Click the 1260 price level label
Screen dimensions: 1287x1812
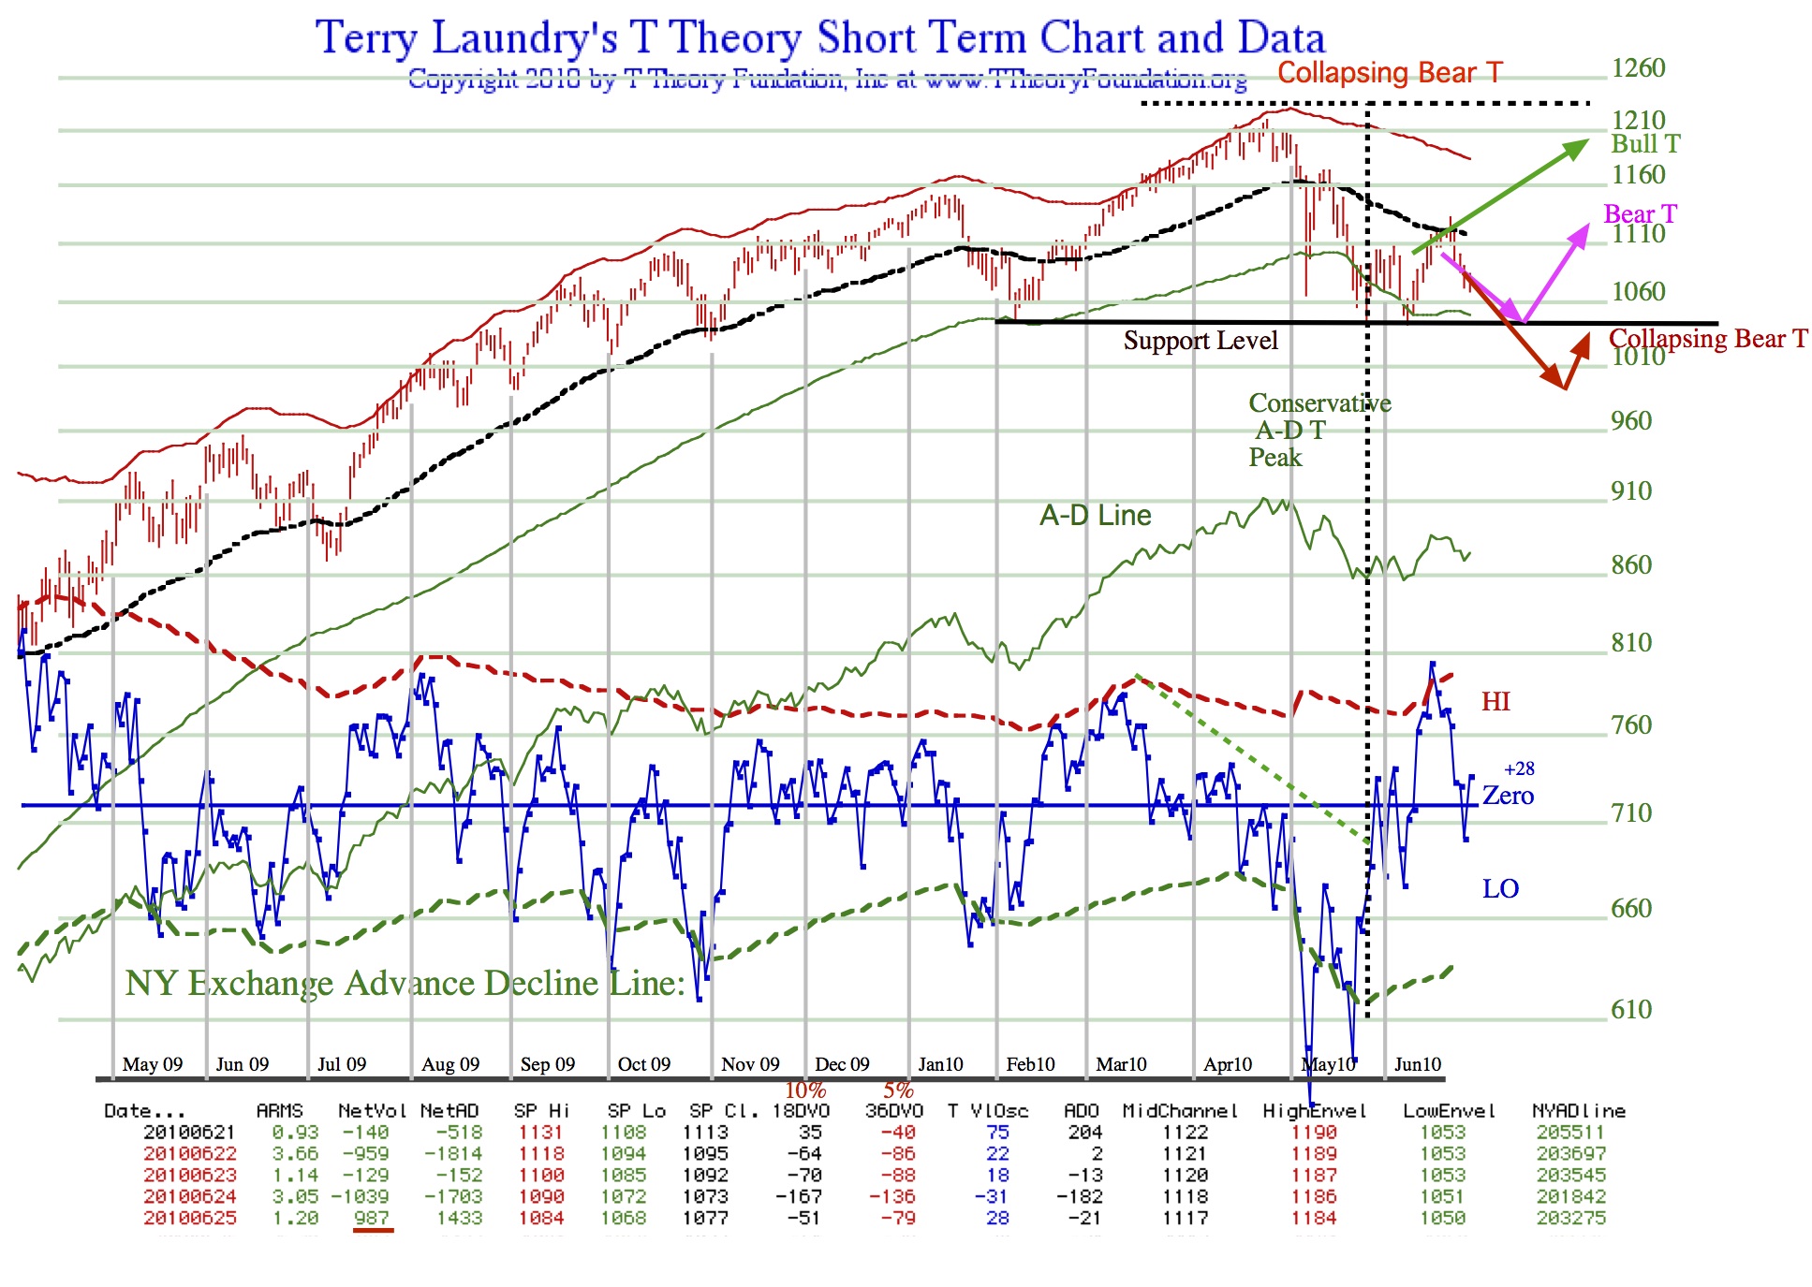[1638, 68]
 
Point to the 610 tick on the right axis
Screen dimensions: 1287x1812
[1630, 1009]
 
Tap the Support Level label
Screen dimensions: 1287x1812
[1200, 341]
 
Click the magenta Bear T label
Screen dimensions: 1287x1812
[1640, 214]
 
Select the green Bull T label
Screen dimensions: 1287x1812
[1645, 144]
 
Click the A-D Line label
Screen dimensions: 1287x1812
[1095, 516]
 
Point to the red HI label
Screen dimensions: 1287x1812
[1495, 702]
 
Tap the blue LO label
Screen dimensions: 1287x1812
[1500, 888]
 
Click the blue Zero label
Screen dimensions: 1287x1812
[1508, 796]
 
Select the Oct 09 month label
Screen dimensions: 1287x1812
[644, 1064]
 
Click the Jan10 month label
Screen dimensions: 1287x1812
[940, 1064]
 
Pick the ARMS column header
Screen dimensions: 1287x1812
[279, 1111]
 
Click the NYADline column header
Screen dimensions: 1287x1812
[1579, 1111]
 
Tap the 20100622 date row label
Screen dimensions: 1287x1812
[189, 1154]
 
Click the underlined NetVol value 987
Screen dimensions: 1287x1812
[372, 1219]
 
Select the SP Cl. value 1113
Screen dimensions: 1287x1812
[705, 1133]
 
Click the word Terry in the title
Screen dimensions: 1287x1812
[366, 38]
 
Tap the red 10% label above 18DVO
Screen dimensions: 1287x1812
[804, 1090]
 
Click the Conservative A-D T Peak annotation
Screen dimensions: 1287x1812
[1318, 431]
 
